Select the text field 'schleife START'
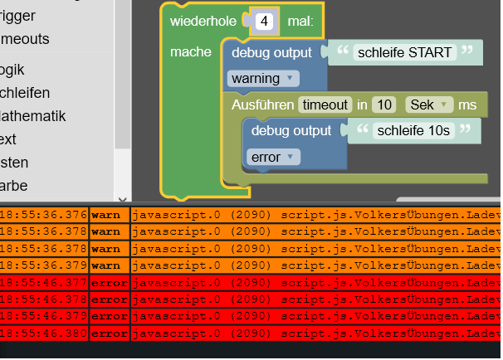[x=404, y=53]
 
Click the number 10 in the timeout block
[x=383, y=105]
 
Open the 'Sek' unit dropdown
[x=428, y=105]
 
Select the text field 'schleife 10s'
[x=413, y=130]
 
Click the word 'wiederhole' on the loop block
[x=203, y=22]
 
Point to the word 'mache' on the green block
[x=191, y=52]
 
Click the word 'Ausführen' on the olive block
[x=262, y=105]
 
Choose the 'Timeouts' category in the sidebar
[x=25, y=39]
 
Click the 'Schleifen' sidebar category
[x=25, y=93]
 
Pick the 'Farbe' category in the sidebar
[x=14, y=186]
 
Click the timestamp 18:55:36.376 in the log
[x=43, y=215]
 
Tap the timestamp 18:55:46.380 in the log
[x=43, y=333]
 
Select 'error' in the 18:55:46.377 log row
[x=109, y=282]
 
